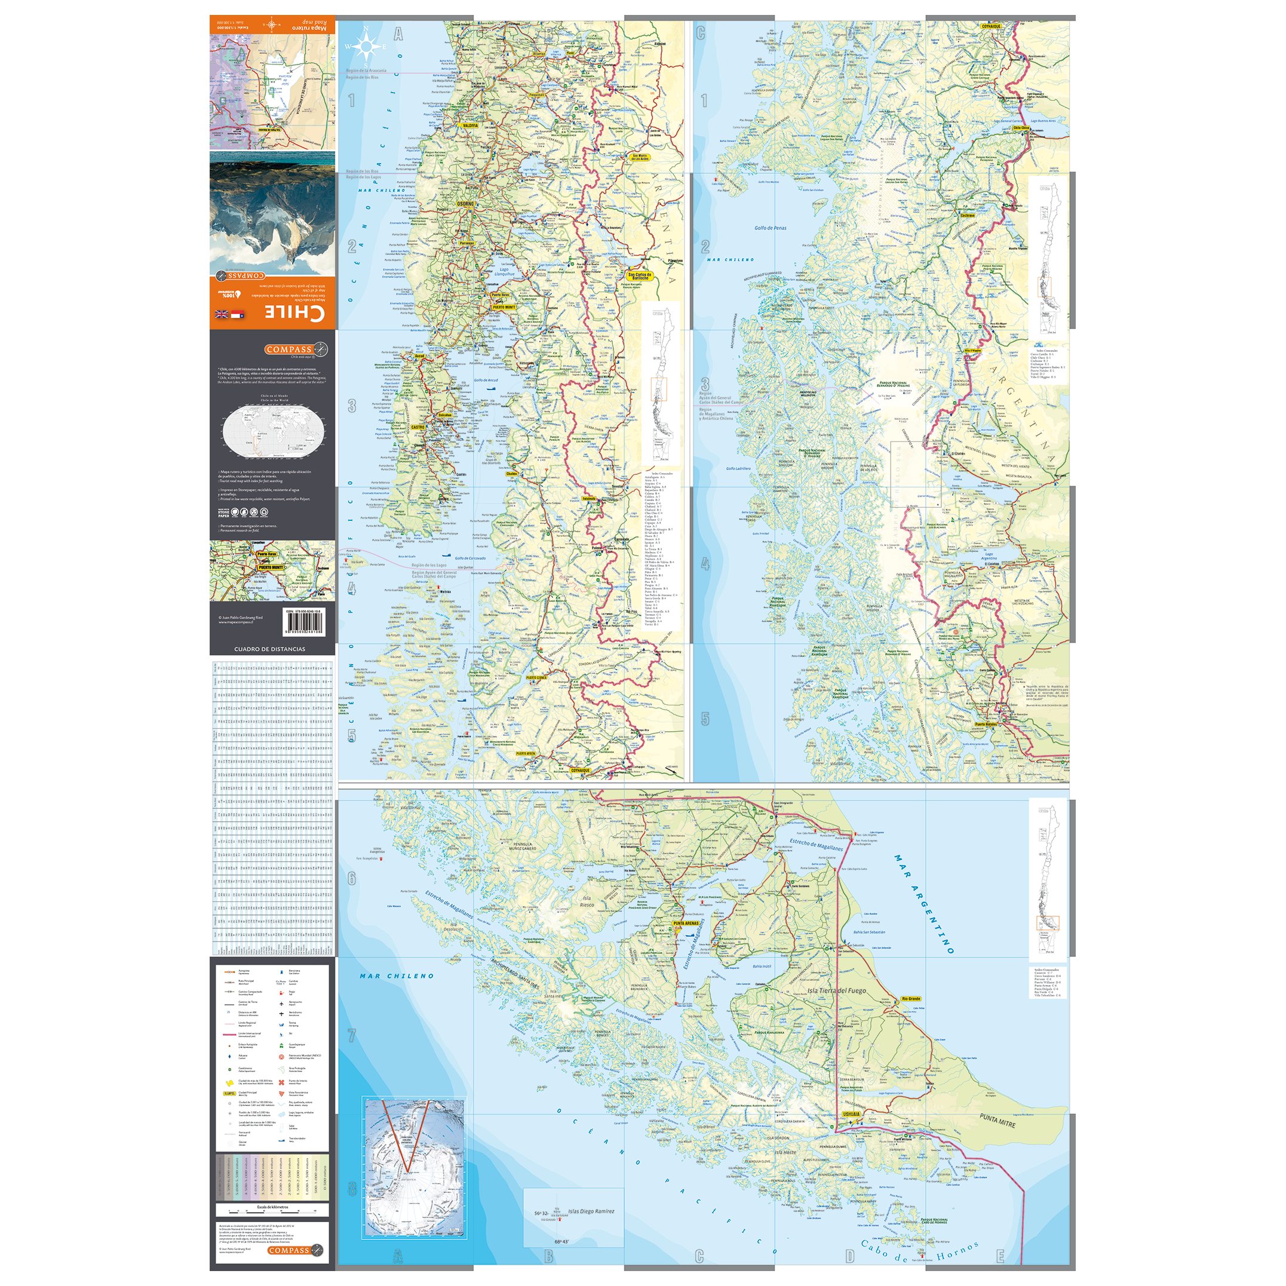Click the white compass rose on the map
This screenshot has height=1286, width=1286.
point(366,46)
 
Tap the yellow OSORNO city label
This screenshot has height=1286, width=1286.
point(465,204)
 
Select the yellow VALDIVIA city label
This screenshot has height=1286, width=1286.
point(470,125)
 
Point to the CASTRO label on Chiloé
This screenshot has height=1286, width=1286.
point(418,427)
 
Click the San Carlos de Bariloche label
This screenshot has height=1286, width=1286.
point(640,275)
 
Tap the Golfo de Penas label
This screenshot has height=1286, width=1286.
point(770,228)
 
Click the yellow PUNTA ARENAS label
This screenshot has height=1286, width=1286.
point(686,923)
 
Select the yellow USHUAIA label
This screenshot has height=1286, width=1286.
point(851,1113)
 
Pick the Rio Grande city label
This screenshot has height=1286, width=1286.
point(910,999)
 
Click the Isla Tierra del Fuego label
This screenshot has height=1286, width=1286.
point(837,990)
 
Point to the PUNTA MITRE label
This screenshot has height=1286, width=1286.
point(997,1121)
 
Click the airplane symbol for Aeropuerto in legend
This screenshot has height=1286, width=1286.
point(281,1002)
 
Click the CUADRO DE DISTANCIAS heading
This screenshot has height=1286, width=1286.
point(269,649)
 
